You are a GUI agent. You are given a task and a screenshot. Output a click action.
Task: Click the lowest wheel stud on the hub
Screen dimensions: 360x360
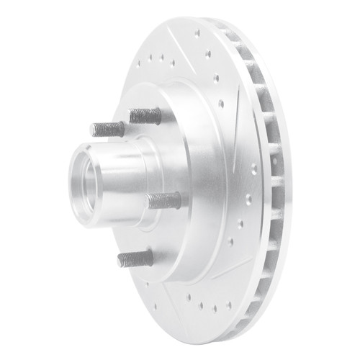pos(137,258)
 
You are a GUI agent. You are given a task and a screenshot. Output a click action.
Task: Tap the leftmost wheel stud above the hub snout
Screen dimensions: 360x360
pos(108,130)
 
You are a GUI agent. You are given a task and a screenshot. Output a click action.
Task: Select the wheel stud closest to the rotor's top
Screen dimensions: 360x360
pos(145,115)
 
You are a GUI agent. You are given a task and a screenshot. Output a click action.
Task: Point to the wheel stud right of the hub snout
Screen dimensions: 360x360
pos(166,200)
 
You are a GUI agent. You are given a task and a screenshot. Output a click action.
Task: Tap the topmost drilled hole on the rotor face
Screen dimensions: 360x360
pos(197,32)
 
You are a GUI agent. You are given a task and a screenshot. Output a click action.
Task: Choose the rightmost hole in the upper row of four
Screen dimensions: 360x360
pos(174,63)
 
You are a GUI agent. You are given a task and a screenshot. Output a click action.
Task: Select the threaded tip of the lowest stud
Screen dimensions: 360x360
pos(122,259)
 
